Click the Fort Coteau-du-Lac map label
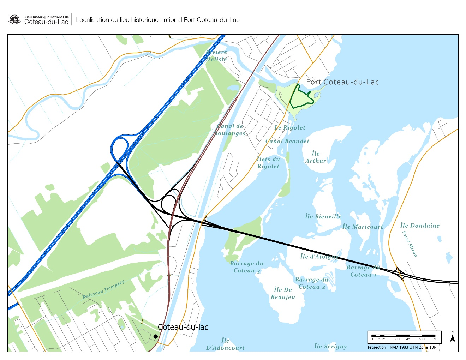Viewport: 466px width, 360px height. click(x=342, y=82)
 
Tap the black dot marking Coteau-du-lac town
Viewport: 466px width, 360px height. click(x=156, y=336)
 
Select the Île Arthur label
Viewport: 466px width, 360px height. click(x=316, y=157)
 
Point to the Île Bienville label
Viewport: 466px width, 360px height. click(x=323, y=216)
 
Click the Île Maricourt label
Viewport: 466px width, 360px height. click(x=363, y=227)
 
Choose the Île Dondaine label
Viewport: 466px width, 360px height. click(x=420, y=226)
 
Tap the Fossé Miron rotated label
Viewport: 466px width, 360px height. click(x=410, y=244)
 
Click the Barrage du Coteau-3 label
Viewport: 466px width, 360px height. click(x=247, y=267)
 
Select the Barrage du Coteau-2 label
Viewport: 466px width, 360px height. click(x=312, y=283)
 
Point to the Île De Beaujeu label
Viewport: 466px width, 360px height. click(x=283, y=293)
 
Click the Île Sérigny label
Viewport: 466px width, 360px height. click(x=330, y=346)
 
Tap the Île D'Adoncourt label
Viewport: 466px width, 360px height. click(x=225, y=344)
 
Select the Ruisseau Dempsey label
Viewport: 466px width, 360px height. click(x=103, y=289)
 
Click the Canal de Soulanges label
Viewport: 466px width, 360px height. click(x=230, y=130)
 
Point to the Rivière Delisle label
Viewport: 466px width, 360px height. click(x=216, y=55)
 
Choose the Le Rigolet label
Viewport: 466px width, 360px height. click(x=290, y=127)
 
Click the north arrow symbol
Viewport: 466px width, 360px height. click(x=452, y=338)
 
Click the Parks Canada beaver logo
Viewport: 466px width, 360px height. click(x=14, y=20)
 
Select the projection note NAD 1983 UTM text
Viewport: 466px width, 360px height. click(x=402, y=347)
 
